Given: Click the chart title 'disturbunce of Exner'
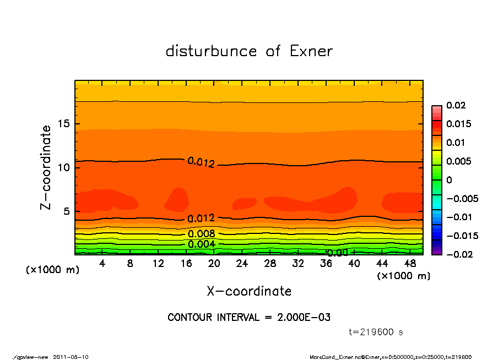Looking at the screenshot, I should pyautogui.click(x=249, y=51).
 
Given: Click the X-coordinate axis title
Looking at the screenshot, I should pyautogui.click(x=249, y=291).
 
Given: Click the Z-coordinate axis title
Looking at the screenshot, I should pyautogui.click(x=46, y=167).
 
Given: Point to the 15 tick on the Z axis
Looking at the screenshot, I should pyautogui.click(x=64, y=123).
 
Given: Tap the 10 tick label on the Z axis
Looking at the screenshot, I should pyautogui.click(x=64, y=167).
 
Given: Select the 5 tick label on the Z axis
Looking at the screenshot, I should pyautogui.click(x=67, y=211).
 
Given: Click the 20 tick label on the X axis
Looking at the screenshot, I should pyautogui.click(x=214, y=263).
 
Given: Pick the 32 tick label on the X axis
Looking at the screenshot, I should pyautogui.click(x=298, y=263).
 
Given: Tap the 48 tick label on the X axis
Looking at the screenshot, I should pyautogui.click(x=410, y=263).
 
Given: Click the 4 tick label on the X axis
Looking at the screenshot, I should pyautogui.click(x=102, y=263).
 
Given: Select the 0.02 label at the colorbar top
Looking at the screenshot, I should pyautogui.click(x=456, y=105).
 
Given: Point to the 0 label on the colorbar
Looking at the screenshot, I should pyautogui.click(x=448, y=180).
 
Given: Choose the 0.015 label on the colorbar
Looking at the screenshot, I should pyautogui.click(x=458, y=124).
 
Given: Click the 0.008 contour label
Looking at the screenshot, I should pyautogui.click(x=201, y=234).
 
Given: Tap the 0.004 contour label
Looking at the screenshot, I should pyautogui.click(x=201, y=244).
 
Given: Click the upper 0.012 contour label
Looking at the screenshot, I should pyautogui.click(x=201, y=162).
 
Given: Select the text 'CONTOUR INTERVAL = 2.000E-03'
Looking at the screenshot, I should pyautogui.click(x=249, y=318).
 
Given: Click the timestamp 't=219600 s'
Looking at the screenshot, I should pyautogui.click(x=376, y=332).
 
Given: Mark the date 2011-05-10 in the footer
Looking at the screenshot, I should pyautogui.click(x=71, y=357).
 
